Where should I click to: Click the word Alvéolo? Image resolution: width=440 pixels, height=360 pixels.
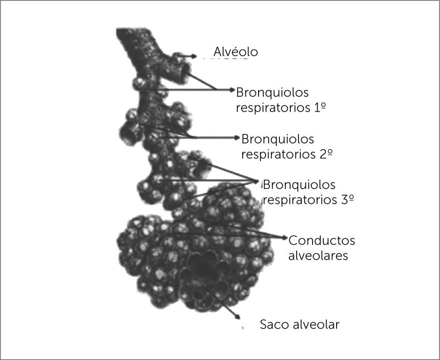[x=235, y=52]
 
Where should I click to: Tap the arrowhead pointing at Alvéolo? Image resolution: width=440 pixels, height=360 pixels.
[x=195, y=56]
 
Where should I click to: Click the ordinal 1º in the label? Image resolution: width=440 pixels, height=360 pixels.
[x=321, y=108]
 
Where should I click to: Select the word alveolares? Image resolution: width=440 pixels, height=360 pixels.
[x=318, y=256]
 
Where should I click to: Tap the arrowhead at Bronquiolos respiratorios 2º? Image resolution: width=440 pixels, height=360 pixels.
[x=238, y=137]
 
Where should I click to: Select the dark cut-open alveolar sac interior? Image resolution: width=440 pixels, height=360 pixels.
[x=204, y=272]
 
